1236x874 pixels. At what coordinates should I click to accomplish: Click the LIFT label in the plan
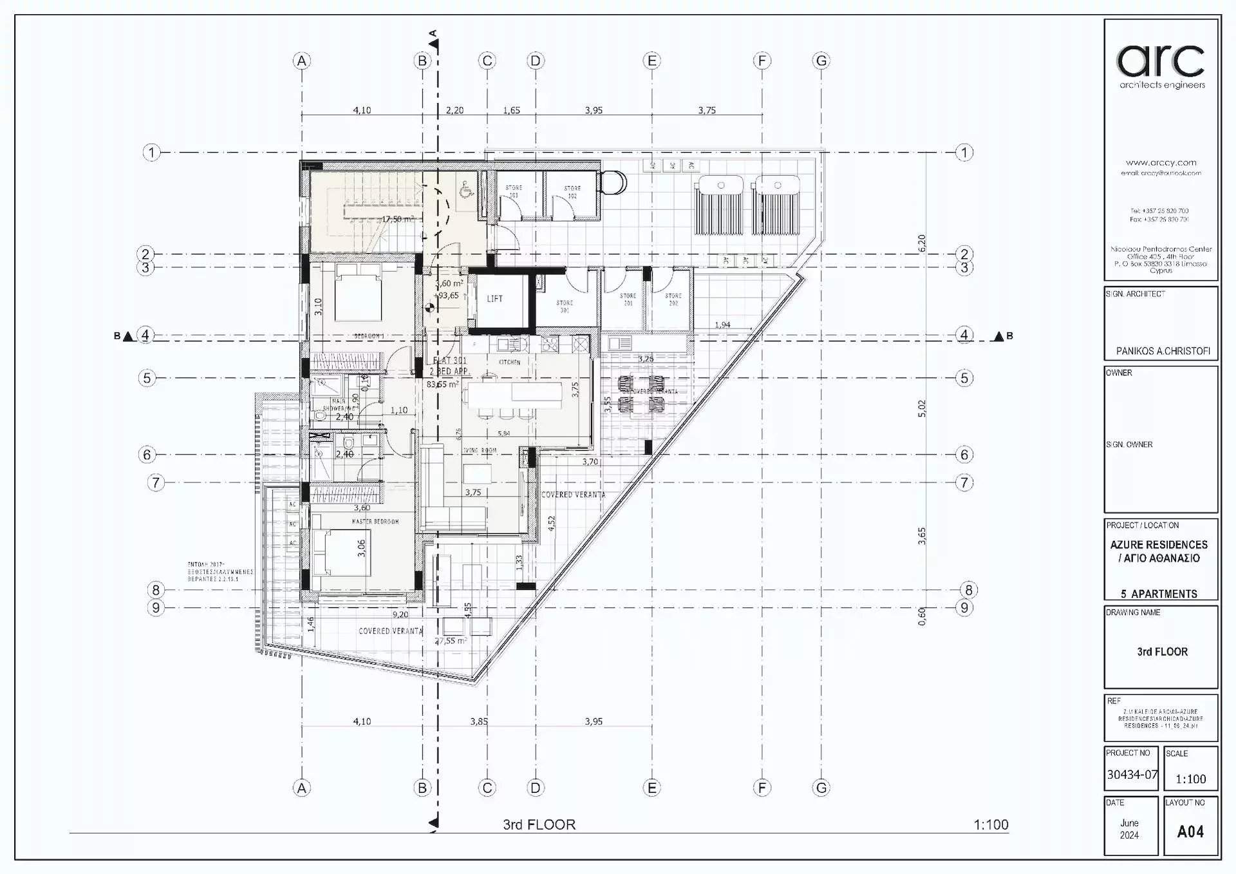[x=494, y=299]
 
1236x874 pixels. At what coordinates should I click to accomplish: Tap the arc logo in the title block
[x=1161, y=61]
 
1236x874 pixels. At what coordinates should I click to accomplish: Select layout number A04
[x=1190, y=831]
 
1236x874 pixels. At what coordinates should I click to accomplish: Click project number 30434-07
[x=1132, y=775]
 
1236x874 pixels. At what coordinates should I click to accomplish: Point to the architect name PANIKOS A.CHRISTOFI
[x=1163, y=351]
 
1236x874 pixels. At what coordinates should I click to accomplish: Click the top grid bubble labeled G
[x=821, y=61]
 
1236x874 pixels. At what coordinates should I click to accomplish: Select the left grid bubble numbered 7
[x=156, y=482]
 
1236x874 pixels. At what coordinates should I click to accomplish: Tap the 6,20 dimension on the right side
[x=922, y=243]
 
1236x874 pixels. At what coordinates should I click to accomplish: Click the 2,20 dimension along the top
[x=454, y=110]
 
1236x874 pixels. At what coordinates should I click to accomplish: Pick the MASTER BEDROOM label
[x=375, y=521]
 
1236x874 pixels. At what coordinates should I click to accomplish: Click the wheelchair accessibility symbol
[x=465, y=189]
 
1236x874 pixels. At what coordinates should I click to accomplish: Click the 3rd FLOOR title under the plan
[x=539, y=824]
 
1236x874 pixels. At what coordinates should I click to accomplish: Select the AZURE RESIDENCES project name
[x=1159, y=545]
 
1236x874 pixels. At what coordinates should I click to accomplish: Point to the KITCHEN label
[x=509, y=362]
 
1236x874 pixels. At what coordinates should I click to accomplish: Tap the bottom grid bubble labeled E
[x=651, y=788]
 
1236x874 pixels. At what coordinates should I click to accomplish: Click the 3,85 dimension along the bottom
[x=478, y=721]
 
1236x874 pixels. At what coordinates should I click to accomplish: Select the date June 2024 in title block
[x=1129, y=829]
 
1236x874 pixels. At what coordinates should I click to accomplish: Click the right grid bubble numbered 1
[x=964, y=153]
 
